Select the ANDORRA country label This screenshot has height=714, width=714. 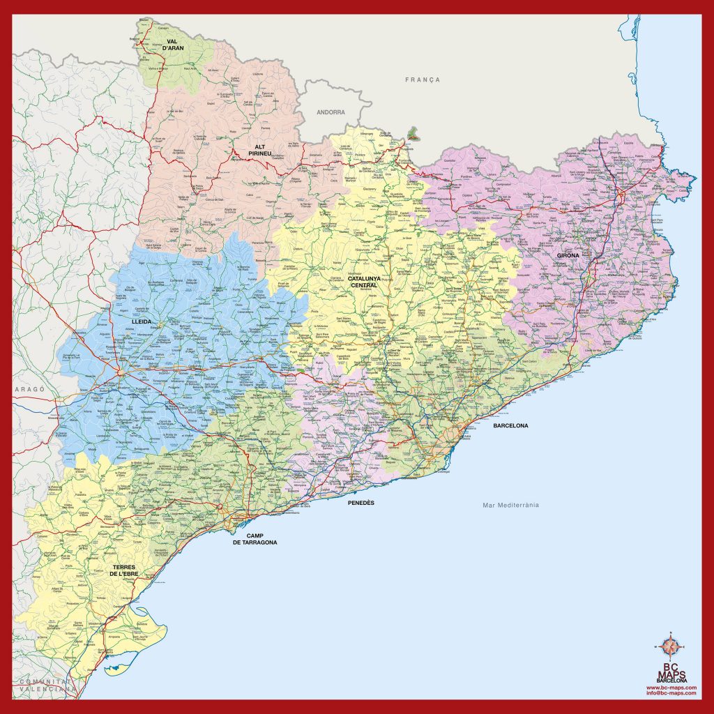[x=331, y=112]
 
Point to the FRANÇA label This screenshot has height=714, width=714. [x=423, y=79]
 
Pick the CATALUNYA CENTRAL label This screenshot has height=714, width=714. [x=364, y=281]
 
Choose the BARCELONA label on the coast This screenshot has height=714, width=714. [x=510, y=425]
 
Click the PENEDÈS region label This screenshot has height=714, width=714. [x=361, y=502]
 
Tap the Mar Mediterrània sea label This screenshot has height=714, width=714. [x=511, y=505]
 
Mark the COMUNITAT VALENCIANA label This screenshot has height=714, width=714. [x=46, y=685]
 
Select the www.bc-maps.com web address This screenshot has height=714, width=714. [x=671, y=687]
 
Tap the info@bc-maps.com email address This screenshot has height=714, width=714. [x=671, y=693]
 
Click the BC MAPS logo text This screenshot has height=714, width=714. [x=671, y=670]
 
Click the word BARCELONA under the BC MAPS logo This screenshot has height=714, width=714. [x=671, y=680]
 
